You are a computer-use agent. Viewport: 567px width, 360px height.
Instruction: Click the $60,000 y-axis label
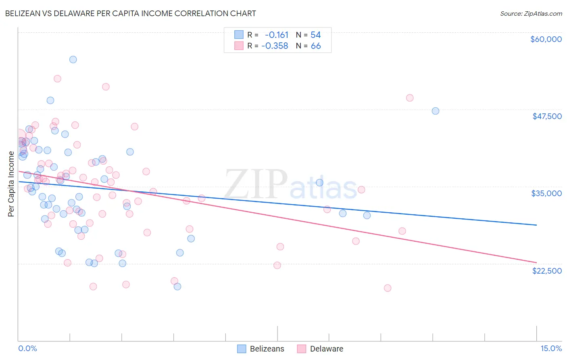coord(546,39)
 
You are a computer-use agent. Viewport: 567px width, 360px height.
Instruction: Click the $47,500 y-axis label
coord(547,116)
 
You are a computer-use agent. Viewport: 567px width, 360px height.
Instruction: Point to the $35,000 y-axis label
coord(546,193)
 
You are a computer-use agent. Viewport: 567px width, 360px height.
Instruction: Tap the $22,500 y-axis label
coord(547,271)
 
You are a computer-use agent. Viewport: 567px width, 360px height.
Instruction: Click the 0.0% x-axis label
coord(27,349)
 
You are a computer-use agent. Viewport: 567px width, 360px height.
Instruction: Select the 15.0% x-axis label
coord(551,349)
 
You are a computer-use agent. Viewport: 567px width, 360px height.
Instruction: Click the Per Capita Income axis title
coord(11,184)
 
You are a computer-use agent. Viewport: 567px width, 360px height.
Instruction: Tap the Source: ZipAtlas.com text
coord(531,13)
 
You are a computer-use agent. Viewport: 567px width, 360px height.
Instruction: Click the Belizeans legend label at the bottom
coord(267,349)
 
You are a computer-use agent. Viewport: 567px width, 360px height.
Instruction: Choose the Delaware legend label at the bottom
coord(326,349)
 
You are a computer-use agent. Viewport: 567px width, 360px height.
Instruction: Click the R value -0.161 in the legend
coord(277,35)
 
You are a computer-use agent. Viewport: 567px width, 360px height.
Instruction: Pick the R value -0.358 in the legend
coord(275,46)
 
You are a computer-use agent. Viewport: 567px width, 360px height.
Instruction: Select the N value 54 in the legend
coord(315,35)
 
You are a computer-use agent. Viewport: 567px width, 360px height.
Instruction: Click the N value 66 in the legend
coord(316,46)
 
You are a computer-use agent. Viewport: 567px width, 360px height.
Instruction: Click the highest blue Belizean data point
coord(73,59)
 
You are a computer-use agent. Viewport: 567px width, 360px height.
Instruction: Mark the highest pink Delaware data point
coord(57,79)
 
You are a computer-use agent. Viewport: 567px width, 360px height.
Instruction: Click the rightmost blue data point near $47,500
coord(435,111)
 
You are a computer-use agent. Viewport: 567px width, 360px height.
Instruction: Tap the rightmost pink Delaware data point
coord(410,98)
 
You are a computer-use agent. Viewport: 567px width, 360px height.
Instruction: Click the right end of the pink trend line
coord(536,262)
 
